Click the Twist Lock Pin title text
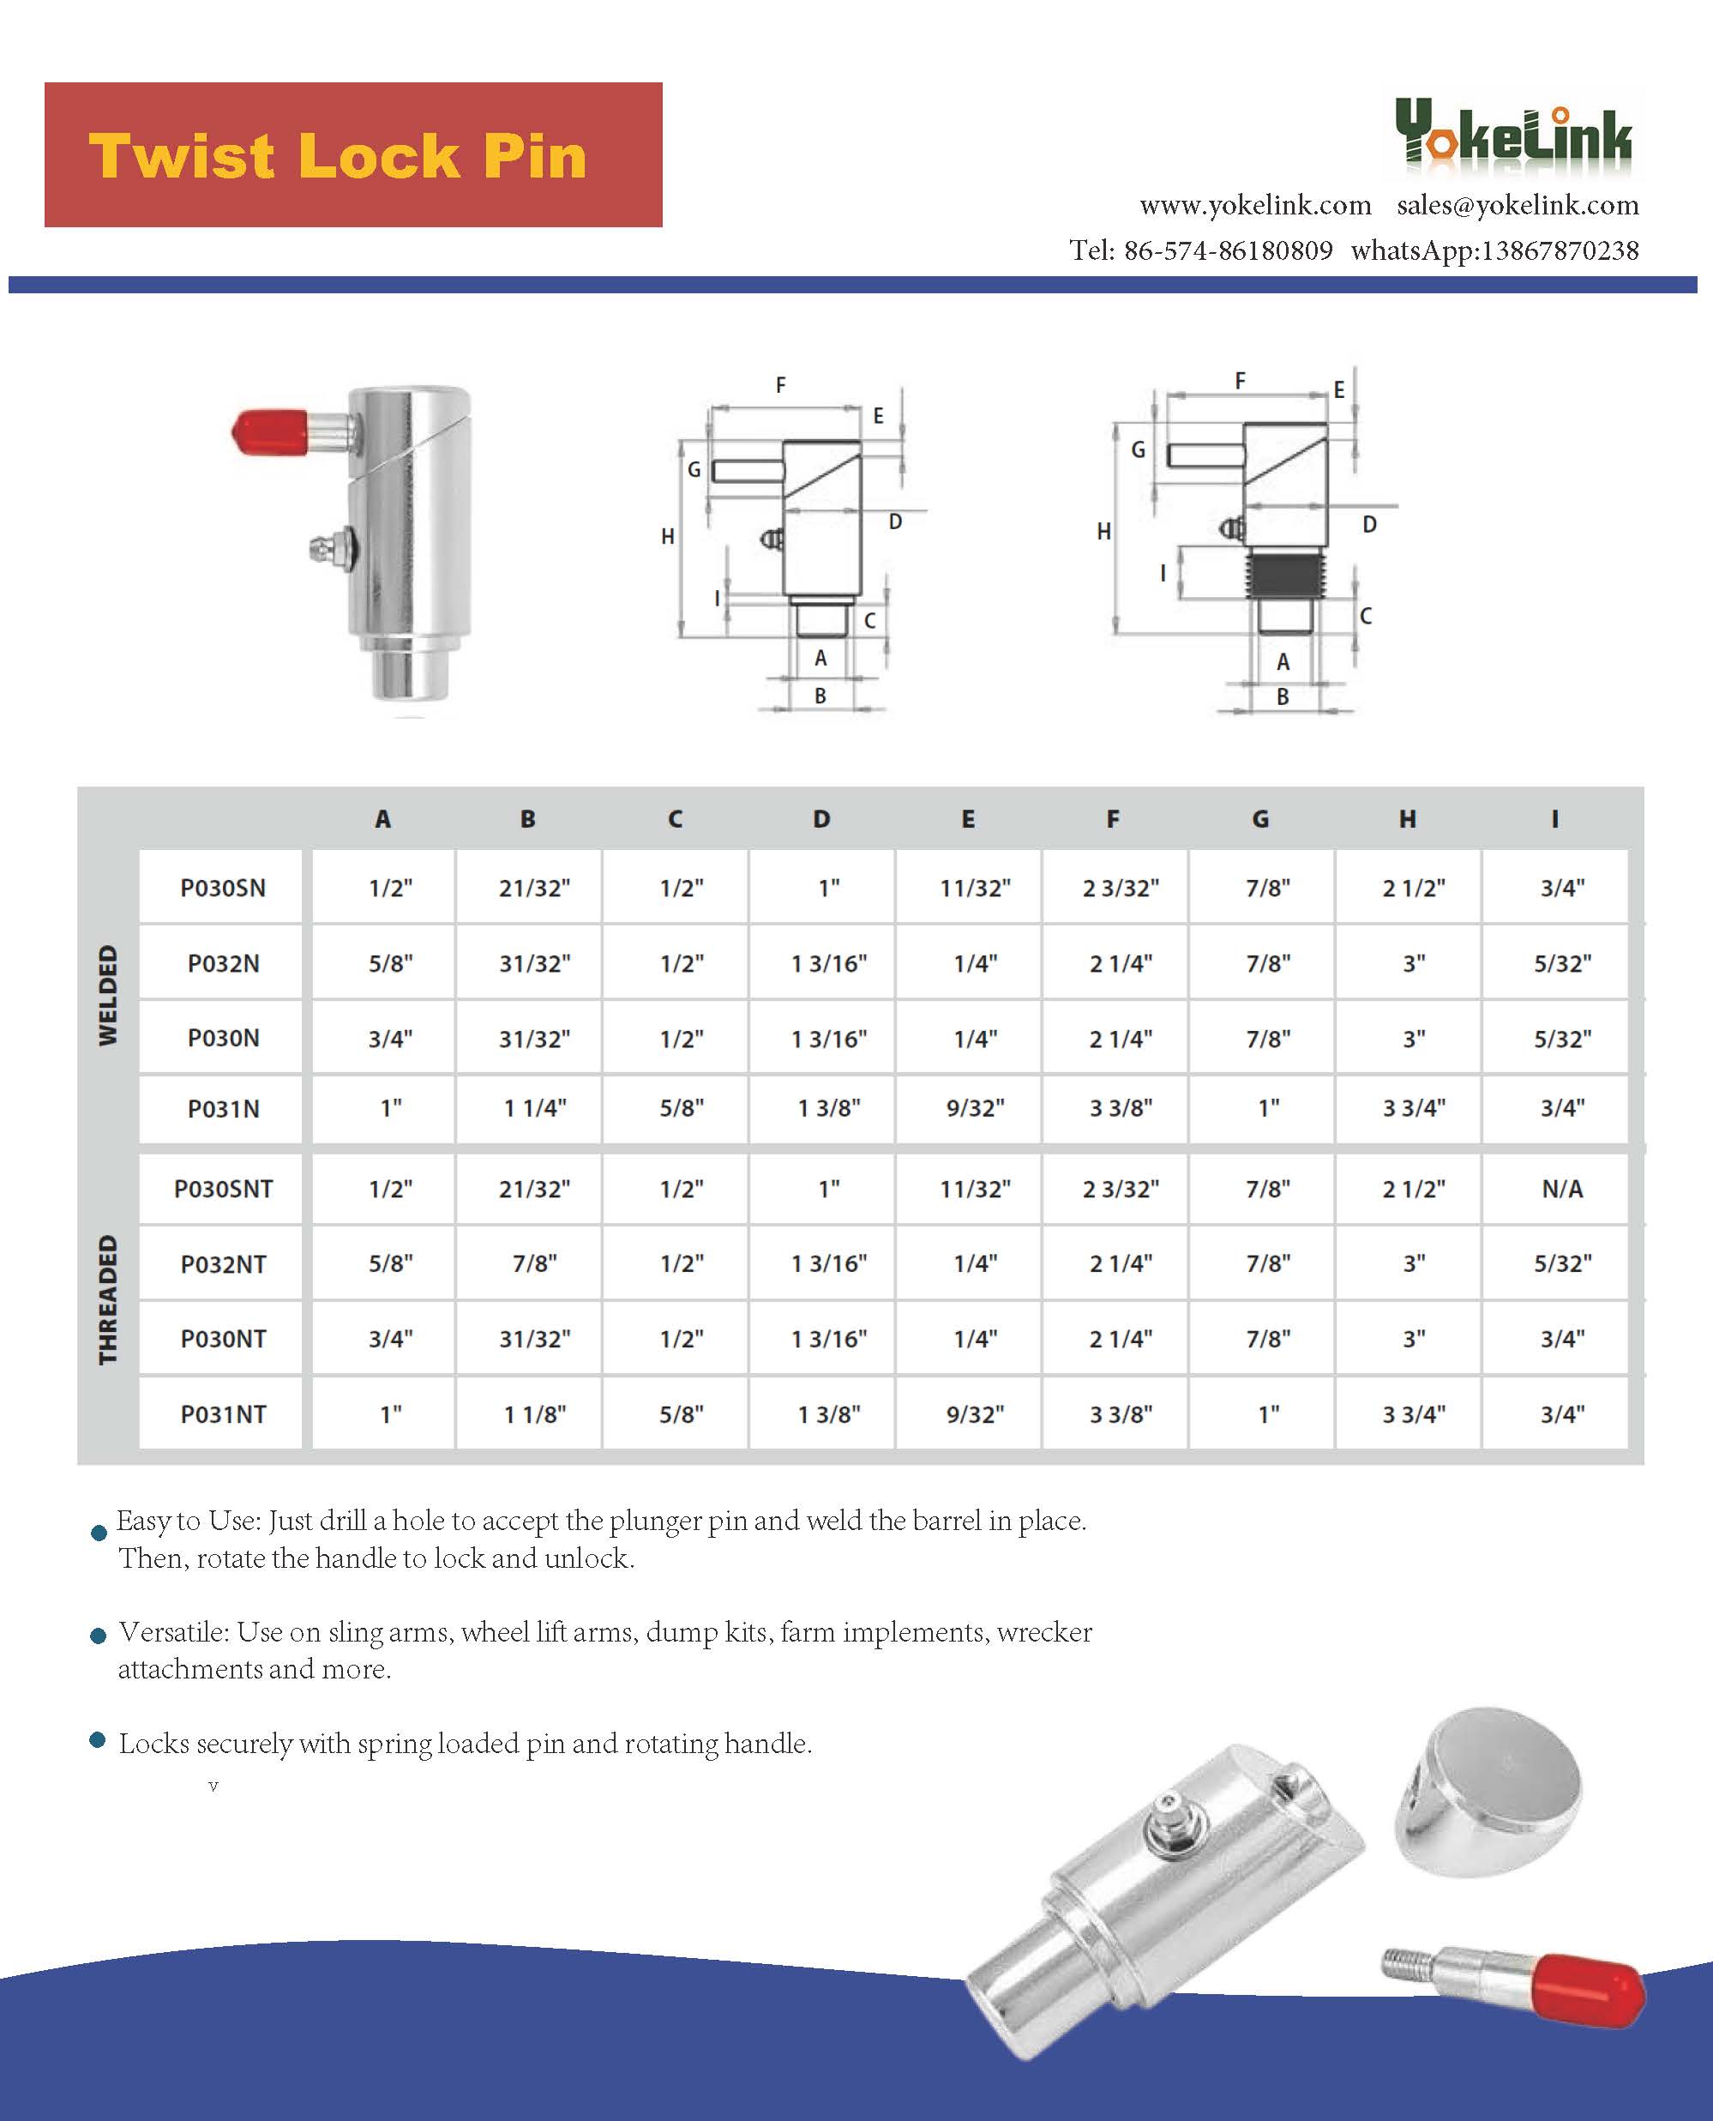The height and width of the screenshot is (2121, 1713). tap(338, 156)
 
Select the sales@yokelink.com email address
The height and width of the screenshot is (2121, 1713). tap(1518, 205)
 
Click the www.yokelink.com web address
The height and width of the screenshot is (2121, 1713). tap(1255, 205)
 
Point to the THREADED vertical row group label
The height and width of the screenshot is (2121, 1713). tap(107, 1300)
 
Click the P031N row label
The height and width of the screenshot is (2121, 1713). tap(223, 1108)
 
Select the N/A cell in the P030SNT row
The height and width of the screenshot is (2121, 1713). tap(1561, 1189)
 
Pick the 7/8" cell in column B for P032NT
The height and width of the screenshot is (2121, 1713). tap(534, 1263)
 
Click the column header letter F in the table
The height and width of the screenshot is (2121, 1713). tap(1112, 818)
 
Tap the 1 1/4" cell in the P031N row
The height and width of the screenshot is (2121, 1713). tap(534, 1108)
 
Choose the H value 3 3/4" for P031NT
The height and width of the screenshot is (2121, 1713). tap(1413, 1414)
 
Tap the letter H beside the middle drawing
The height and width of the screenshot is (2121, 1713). tap(668, 536)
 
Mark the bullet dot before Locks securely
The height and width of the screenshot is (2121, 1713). tap(98, 1740)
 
